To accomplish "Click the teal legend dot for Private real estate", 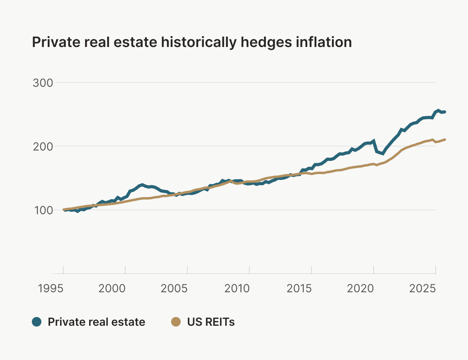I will pos(37,322).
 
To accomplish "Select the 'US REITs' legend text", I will pos(211,322).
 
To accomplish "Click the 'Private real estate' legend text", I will pos(96,322).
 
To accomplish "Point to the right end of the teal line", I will pos(445,112).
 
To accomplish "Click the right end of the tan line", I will pos(445,139).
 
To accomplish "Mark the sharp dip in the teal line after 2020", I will pos(382,153).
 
